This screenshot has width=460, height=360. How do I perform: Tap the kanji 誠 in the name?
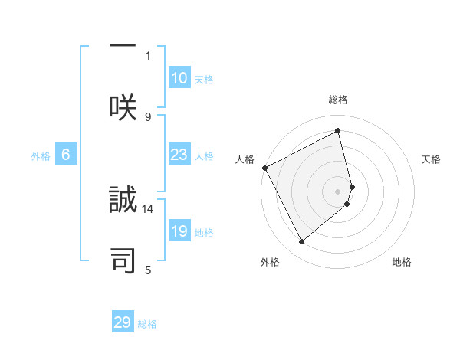click(x=123, y=201)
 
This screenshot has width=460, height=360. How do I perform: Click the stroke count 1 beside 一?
click(x=148, y=55)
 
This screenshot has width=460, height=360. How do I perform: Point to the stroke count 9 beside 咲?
click(x=148, y=116)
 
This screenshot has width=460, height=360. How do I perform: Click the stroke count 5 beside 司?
click(x=148, y=270)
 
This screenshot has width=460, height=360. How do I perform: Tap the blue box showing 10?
click(x=179, y=78)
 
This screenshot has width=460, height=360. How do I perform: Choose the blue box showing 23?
click(x=179, y=155)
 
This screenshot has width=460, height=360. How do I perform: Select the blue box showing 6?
click(x=66, y=155)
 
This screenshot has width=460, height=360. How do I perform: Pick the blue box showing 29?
click(x=123, y=322)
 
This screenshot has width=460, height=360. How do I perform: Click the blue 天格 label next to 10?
click(x=204, y=80)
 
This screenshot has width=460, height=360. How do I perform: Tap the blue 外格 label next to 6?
click(x=41, y=156)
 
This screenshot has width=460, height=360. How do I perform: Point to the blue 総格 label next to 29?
click(x=147, y=324)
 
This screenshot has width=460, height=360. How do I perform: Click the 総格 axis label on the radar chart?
click(x=338, y=100)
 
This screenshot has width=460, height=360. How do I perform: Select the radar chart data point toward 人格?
click(x=264, y=168)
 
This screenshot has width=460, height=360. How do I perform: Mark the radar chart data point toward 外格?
click(x=301, y=242)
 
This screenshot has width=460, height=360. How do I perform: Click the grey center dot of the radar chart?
click(x=338, y=190)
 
